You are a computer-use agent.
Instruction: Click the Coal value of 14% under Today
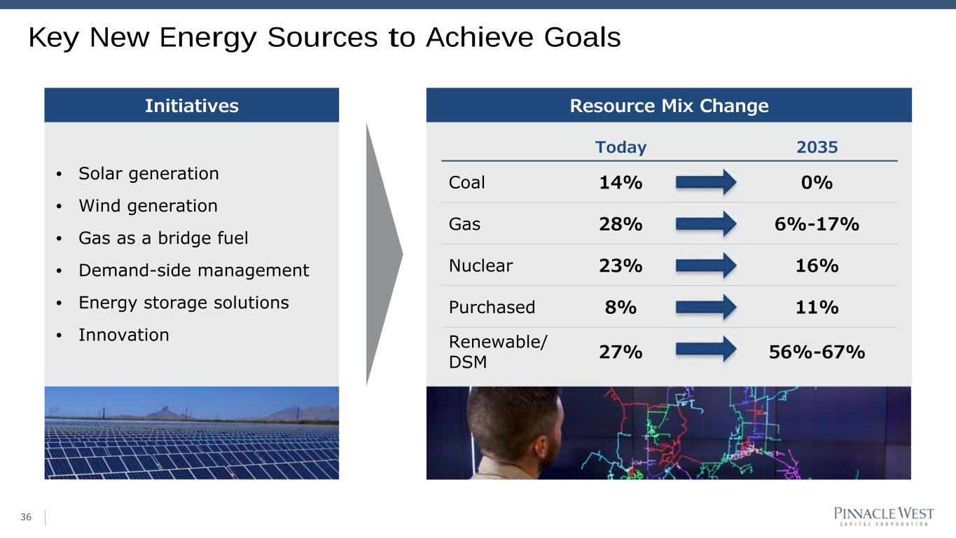[x=621, y=183]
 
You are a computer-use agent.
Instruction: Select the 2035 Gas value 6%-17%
[x=817, y=224]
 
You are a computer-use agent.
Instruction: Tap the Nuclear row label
[x=480, y=265]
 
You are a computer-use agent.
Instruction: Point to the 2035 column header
[x=817, y=147]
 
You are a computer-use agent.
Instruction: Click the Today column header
[x=621, y=147]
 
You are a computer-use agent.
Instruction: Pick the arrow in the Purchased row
[x=706, y=307]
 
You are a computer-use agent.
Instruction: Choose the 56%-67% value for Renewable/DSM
[x=817, y=352]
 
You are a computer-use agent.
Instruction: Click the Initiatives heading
[x=192, y=106]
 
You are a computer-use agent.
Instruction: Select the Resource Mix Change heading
[x=670, y=106]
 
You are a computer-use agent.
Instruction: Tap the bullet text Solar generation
[x=148, y=174]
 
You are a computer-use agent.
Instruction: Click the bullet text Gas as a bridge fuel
[x=163, y=238]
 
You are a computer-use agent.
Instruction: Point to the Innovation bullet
[x=124, y=335]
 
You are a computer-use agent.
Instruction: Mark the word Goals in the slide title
[x=582, y=37]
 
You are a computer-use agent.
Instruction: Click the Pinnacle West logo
[x=884, y=516]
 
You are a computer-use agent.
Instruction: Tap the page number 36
[x=26, y=517]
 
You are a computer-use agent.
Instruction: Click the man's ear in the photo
[x=541, y=447]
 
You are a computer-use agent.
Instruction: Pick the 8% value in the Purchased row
[x=621, y=308]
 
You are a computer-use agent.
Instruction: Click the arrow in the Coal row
[x=706, y=182]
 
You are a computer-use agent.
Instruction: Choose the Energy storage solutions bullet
[x=183, y=303]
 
